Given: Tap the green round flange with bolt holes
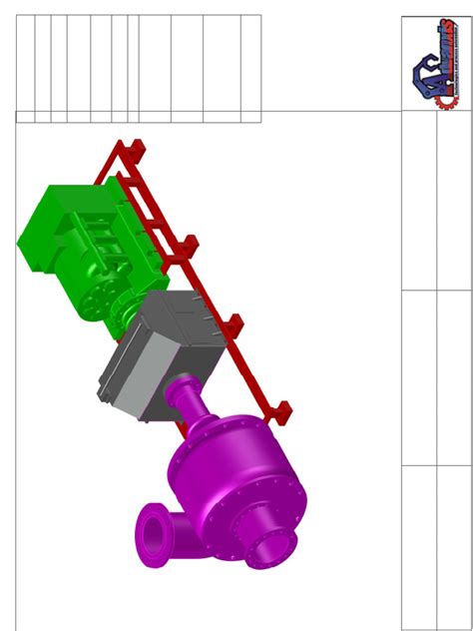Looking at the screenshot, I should click(x=95, y=302).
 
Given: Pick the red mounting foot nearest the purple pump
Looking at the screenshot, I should click(x=283, y=409).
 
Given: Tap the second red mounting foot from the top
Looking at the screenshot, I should click(x=190, y=243).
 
